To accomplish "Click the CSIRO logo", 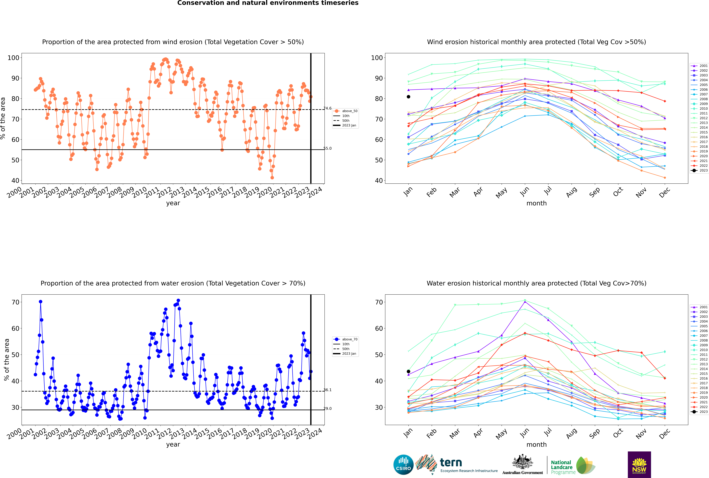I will [x=403, y=465].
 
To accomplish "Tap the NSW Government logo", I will [x=639, y=464].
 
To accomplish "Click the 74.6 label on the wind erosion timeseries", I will [x=327, y=108].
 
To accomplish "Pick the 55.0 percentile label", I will [x=327, y=148].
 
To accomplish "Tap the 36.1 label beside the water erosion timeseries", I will [x=327, y=390].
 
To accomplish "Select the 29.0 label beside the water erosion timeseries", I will [x=327, y=408].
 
